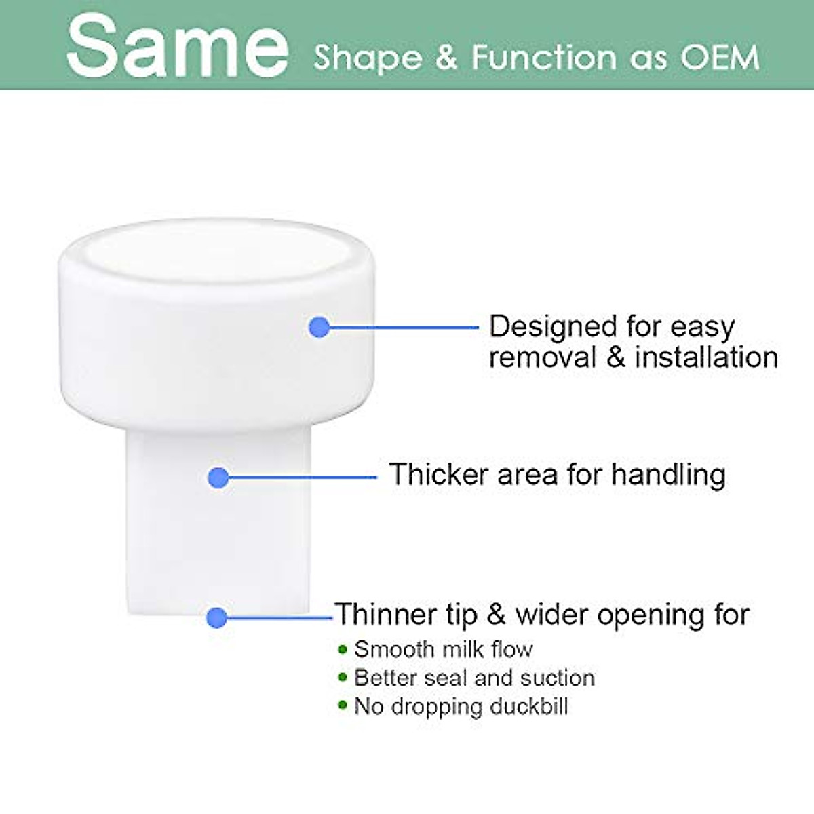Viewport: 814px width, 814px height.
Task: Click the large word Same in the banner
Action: [178, 45]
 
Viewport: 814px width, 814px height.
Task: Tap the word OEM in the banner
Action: [720, 57]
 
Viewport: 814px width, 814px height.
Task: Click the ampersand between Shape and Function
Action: [446, 57]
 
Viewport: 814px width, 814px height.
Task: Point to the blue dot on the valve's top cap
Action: [319, 327]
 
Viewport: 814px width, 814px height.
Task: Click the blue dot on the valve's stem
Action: [218, 478]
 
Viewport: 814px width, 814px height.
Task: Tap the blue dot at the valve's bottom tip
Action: [217, 617]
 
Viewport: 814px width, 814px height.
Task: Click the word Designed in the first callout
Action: [554, 328]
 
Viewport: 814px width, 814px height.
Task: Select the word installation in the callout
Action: [706, 357]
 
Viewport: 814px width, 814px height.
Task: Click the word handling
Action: [669, 476]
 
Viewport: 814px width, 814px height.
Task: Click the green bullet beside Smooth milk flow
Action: [343, 649]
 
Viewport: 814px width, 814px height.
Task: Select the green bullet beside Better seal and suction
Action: [343, 678]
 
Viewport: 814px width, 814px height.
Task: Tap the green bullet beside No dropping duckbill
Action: [343, 705]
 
